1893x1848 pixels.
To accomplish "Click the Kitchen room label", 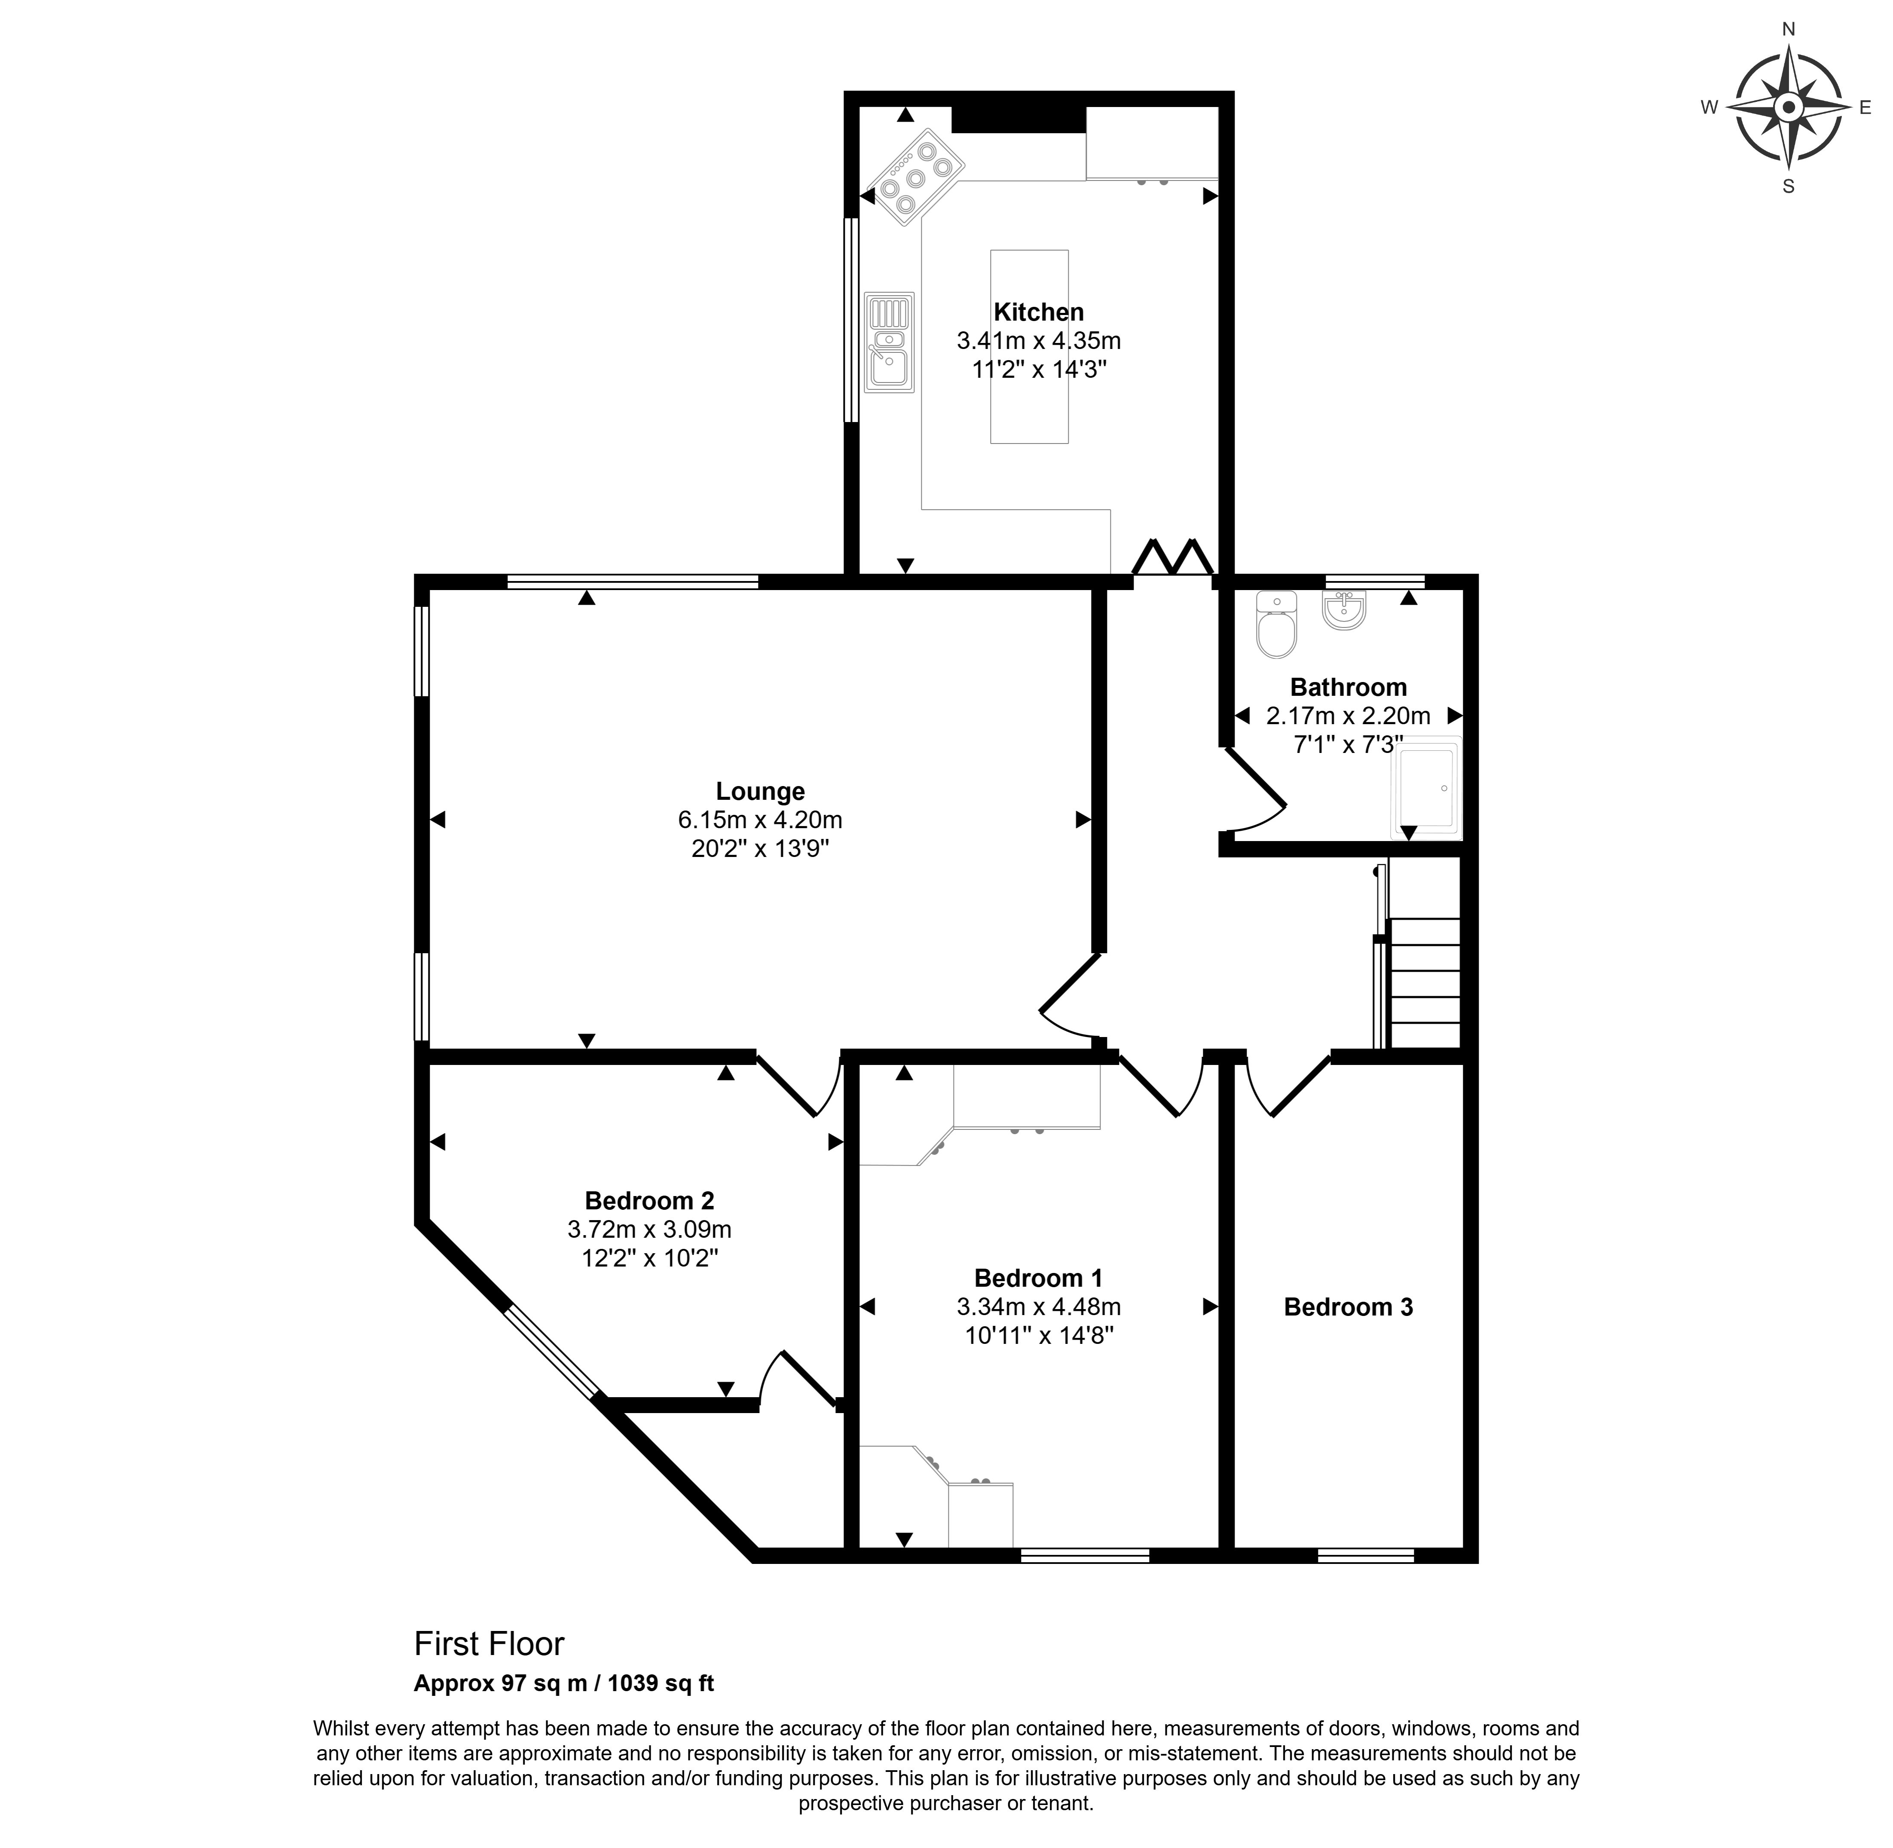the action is [x=1038, y=312].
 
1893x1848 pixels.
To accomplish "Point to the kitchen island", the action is [x=1028, y=346].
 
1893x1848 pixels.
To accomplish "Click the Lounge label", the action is [x=760, y=791].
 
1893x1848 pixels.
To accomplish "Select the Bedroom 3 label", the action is [x=1348, y=1307].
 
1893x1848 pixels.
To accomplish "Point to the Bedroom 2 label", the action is [x=649, y=1201].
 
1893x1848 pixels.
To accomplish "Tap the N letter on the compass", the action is [x=1788, y=29].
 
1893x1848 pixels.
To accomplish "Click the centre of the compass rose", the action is [x=1788, y=107].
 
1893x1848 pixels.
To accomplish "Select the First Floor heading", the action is [x=489, y=1643].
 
